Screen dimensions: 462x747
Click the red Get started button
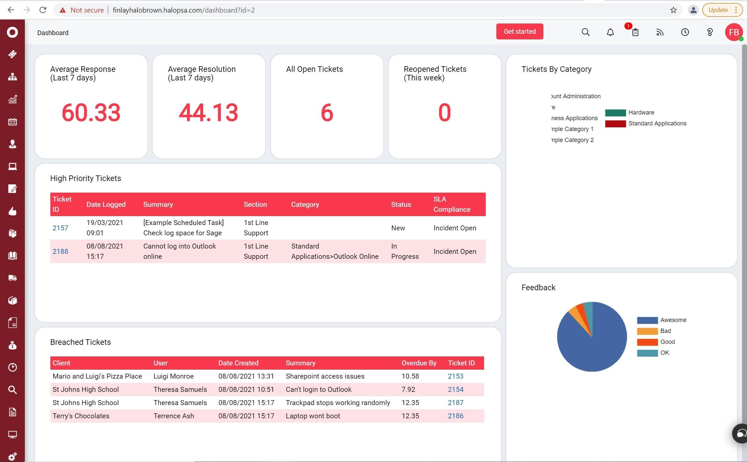[x=519, y=31]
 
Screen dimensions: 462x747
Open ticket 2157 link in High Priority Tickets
[x=60, y=228]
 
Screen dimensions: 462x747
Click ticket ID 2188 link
[x=60, y=251]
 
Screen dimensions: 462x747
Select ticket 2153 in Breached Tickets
[x=455, y=376]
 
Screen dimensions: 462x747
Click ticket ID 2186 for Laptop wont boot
[x=455, y=416]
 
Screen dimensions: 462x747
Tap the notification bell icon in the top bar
[x=610, y=32]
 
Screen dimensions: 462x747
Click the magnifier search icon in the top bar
[x=585, y=32]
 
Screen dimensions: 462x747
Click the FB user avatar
[x=733, y=32]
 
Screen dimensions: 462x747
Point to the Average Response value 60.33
[x=91, y=113]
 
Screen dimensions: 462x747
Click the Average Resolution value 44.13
[x=208, y=113]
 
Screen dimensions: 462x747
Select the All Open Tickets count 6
[x=327, y=113]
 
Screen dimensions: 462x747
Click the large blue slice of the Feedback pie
[x=593, y=347]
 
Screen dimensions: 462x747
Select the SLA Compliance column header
[x=452, y=204]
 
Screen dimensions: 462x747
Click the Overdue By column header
[x=419, y=363]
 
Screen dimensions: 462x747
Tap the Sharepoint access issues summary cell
[x=325, y=376]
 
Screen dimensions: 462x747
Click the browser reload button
[x=43, y=10]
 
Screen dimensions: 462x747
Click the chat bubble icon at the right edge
[x=741, y=433]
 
